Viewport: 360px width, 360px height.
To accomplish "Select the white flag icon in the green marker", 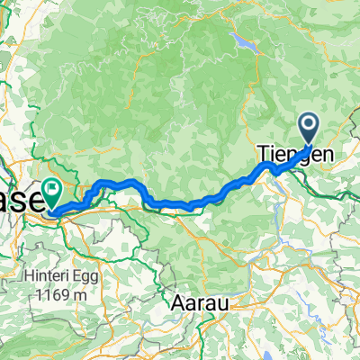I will (51, 189).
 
